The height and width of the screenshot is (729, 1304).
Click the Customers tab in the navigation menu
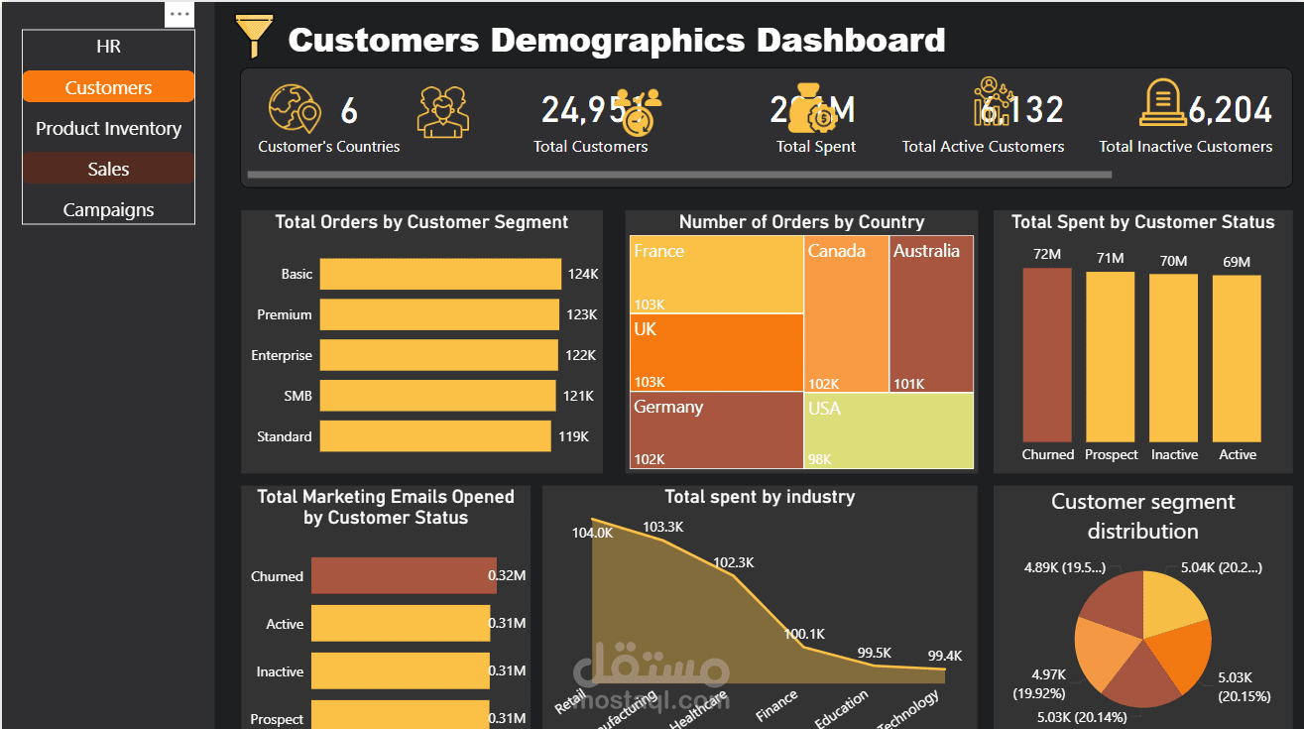tap(108, 87)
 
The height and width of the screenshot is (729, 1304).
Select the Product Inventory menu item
tap(108, 128)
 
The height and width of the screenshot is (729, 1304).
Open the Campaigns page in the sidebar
tap(108, 209)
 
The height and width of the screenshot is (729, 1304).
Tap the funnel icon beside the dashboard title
tap(253, 38)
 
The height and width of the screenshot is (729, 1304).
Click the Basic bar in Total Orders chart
tap(440, 274)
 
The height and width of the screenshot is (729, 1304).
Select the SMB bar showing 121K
tap(437, 396)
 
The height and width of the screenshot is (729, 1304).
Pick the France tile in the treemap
tap(716, 274)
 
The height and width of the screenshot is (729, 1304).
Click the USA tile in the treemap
tap(889, 430)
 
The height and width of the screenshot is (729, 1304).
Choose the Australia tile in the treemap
tap(931, 313)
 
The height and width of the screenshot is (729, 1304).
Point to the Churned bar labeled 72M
tap(1047, 354)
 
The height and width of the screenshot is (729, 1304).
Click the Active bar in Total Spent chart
tap(1237, 358)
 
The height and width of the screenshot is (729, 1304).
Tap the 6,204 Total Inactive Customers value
tap(1230, 110)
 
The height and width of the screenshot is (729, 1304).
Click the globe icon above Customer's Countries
tap(295, 108)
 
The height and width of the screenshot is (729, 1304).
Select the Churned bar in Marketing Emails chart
tap(404, 576)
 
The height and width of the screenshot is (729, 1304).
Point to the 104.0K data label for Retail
tap(592, 533)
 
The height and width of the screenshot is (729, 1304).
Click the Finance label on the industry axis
tap(776, 705)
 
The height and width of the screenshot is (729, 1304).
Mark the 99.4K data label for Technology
tap(944, 656)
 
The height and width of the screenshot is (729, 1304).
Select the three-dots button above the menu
tap(179, 14)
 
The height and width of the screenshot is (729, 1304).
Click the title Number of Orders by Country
tap(801, 222)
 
